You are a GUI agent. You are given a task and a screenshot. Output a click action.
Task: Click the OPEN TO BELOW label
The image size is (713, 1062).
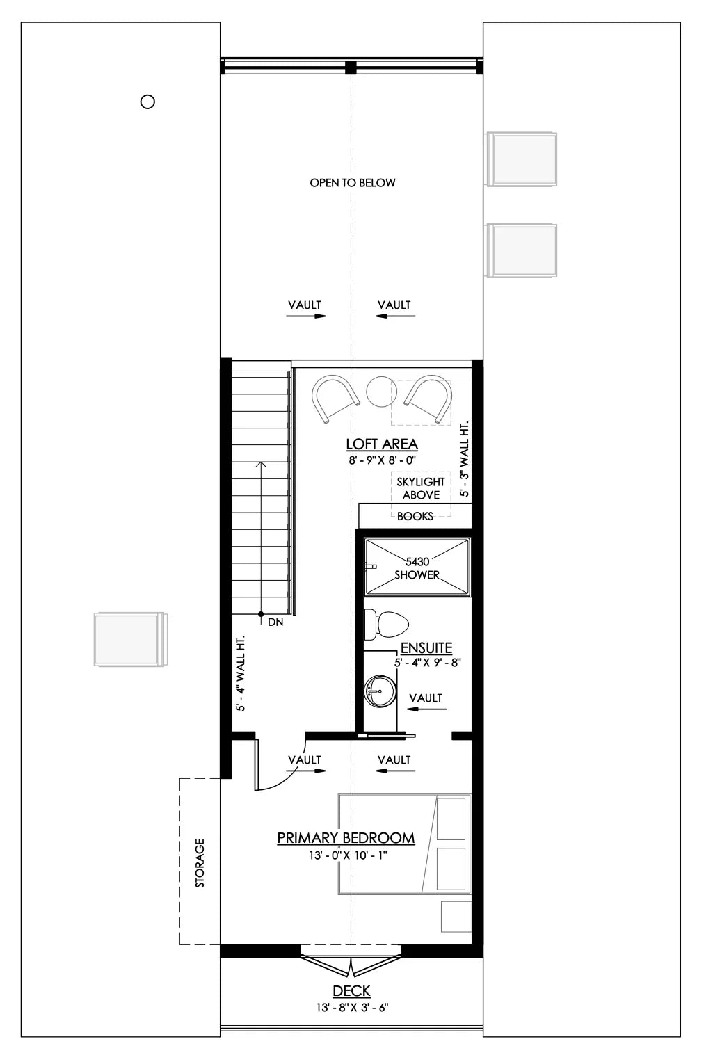353,183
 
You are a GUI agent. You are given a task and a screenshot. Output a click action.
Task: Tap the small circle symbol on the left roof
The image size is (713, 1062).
147,102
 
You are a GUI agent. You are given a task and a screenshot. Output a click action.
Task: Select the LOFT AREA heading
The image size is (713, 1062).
382,444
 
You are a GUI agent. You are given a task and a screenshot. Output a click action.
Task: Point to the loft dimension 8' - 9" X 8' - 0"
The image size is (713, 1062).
382,460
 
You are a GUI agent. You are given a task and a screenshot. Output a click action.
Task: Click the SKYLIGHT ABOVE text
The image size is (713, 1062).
421,488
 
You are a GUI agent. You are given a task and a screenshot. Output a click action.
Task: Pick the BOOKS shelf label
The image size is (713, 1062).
415,516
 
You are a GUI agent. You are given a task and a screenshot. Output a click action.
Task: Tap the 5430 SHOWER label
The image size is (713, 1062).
417,568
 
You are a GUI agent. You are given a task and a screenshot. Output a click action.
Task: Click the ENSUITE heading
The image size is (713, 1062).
426,648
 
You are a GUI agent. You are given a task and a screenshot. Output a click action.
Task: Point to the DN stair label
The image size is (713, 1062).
275,622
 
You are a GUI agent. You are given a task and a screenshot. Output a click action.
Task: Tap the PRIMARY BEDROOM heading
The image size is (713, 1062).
346,838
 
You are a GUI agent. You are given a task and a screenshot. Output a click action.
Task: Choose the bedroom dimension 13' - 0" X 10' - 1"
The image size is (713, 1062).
348,855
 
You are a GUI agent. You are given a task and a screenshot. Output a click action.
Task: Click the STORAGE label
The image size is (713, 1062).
200,863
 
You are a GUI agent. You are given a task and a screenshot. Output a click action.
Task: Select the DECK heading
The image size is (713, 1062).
351,991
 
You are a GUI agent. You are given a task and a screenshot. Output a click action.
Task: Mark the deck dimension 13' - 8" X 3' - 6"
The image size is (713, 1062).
351,1007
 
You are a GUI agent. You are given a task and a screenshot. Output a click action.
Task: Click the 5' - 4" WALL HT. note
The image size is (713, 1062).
241,674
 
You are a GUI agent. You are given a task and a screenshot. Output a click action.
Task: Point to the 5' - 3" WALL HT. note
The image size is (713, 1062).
465,458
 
